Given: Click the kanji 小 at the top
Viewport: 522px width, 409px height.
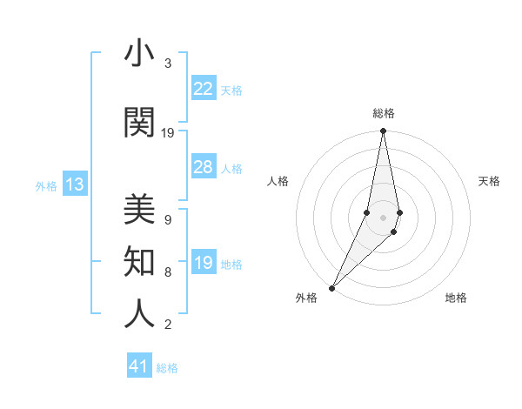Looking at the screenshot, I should click(x=139, y=54).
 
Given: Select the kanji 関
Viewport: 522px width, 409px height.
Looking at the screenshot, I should click(x=139, y=124).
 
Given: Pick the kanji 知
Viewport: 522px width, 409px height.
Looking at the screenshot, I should click(x=139, y=261).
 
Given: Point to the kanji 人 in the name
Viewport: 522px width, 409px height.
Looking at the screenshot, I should click(x=139, y=313).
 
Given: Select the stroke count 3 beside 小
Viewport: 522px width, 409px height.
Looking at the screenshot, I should click(x=168, y=64).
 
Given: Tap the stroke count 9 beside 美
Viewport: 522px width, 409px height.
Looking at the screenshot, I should click(x=168, y=219).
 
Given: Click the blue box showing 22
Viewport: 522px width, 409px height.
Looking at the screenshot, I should click(x=203, y=89).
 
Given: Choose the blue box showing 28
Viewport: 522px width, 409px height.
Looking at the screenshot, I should click(x=203, y=167).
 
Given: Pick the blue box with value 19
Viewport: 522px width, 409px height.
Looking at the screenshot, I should click(x=203, y=263).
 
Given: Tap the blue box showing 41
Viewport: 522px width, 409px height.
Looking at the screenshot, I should click(x=139, y=366).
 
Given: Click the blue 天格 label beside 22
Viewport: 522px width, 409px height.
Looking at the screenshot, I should click(x=231, y=90).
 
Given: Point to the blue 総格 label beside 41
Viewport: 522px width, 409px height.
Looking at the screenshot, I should click(x=167, y=368).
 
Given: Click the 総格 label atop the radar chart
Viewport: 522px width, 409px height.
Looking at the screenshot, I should click(x=384, y=113).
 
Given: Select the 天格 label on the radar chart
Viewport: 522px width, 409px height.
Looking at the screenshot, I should click(x=489, y=181).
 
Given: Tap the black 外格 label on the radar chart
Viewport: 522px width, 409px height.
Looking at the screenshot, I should click(x=306, y=298).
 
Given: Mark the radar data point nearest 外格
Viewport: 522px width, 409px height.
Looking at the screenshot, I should click(x=332, y=287).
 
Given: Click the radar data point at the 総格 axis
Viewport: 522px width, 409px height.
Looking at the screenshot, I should click(x=383, y=131).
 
